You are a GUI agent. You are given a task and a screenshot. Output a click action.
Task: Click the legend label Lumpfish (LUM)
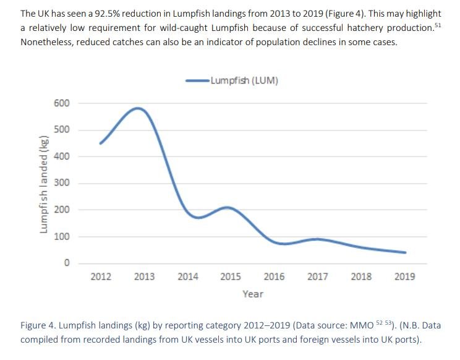(x=244, y=80)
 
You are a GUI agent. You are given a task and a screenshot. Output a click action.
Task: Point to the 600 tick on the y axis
(x=61, y=103)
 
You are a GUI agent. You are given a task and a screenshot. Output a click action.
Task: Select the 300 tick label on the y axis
(x=61, y=183)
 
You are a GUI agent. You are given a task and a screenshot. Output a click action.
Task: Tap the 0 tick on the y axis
(x=66, y=264)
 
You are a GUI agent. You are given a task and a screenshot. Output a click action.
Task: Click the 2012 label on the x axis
(x=101, y=276)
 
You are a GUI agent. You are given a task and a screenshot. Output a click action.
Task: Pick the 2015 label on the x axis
(x=231, y=276)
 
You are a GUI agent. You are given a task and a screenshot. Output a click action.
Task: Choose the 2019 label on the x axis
(x=404, y=276)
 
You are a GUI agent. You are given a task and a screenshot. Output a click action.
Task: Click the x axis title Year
(x=252, y=294)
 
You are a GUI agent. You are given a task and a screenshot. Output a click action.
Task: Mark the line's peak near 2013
(x=138, y=108)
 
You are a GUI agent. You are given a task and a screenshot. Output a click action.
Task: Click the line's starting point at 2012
(x=101, y=143)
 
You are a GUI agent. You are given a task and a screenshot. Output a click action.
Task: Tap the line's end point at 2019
(x=404, y=252)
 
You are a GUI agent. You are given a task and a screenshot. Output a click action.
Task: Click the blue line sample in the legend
(x=198, y=80)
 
